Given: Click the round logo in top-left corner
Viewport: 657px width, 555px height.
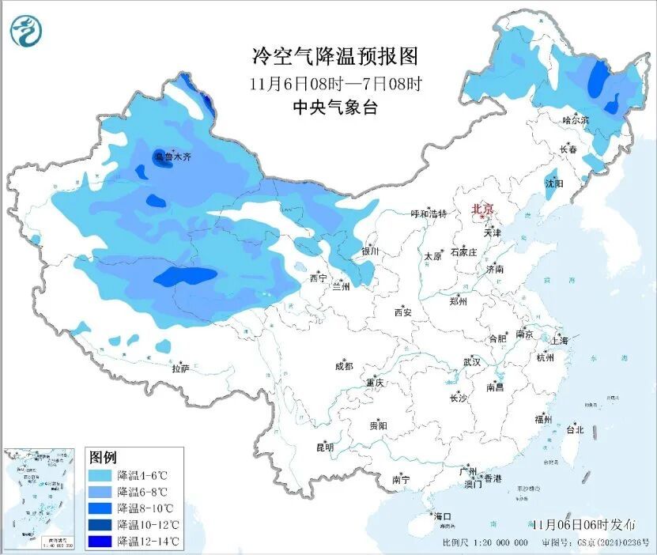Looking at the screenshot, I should coord(25,31).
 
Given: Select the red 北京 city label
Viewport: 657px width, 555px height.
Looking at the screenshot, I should coord(482,210).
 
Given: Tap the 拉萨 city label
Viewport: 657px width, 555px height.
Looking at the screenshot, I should coord(180,368).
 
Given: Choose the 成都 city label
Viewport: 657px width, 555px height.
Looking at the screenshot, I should coord(344,366).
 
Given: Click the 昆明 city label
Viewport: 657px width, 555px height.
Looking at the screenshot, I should coord(325,447).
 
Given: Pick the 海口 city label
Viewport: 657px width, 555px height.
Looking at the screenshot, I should coord(444,516).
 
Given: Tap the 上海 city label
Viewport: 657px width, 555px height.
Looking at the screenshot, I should coord(561,340).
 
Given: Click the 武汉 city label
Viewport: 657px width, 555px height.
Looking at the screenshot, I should coord(472,362).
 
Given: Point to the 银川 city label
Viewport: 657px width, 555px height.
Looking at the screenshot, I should coord(370,251).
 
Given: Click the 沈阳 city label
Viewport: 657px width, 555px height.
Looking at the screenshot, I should coord(554,183).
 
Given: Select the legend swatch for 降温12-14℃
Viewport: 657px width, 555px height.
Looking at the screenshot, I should coord(100,541).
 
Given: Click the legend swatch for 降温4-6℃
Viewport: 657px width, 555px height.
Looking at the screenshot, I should coord(100,476).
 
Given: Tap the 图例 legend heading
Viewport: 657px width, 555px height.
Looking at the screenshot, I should coord(104,457).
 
